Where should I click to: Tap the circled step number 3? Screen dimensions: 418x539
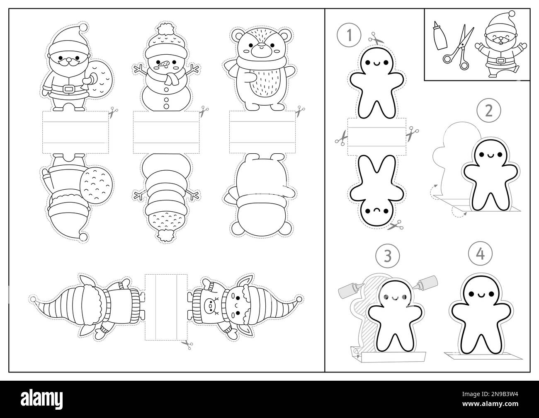(387, 256)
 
